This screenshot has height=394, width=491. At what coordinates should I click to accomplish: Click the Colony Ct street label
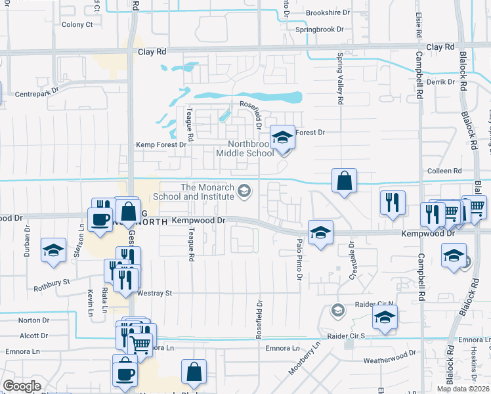pyautogui.click(x=77, y=24)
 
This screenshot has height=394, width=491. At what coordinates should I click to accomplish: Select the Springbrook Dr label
pyautogui.click(x=320, y=30)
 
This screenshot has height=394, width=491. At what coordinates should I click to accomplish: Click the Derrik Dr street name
pyautogui.click(x=440, y=81)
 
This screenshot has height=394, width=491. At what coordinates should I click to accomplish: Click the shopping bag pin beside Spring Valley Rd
pyautogui.click(x=344, y=180)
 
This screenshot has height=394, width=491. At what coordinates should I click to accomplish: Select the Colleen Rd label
pyautogui.click(x=444, y=171)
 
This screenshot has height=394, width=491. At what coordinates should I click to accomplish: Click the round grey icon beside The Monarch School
pyautogui.click(x=244, y=191)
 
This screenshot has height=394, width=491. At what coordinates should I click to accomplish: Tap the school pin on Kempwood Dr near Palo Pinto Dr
pyautogui.click(x=320, y=232)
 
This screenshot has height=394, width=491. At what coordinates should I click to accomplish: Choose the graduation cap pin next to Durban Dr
pyautogui.click(x=54, y=250)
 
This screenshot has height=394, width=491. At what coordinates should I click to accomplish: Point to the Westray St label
pyautogui.click(x=154, y=293)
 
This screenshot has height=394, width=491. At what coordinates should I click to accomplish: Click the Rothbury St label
pyautogui.click(x=53, y=282)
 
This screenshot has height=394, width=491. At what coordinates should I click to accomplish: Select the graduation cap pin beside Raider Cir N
pyautogui.click(x=385, y=318)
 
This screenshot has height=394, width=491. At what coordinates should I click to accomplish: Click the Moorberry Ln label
pyautogui.click(x=304, y=358)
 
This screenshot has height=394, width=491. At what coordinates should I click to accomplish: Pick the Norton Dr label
pyautogui.click(x=34, y=320)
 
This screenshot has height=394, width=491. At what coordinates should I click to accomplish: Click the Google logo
pyautogui.click(x=22, y=386)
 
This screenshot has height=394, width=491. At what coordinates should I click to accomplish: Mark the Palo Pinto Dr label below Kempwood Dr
pyautogui.click(x=299, y=260)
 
